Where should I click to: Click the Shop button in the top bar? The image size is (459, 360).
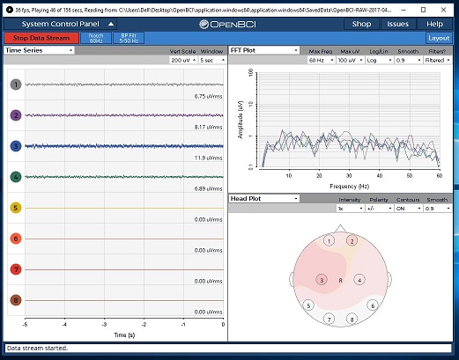pyautogui.click(x=361, y=24)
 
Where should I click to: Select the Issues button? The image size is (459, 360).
pyautogui.click(x=397, y=24)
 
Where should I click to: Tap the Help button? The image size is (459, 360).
pyautogui.click(x=434, y=24)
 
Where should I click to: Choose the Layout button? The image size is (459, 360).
pyautogui.click(x=438, y=39)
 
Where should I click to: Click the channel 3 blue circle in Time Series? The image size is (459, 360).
pyautogui.click(x=15, y=146)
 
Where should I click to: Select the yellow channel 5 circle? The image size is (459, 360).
pyautogui.click(x=15, y=208)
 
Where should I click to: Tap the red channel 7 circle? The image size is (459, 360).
pyautogui.click(x=15, y=269)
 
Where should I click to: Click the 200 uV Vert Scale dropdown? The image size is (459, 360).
pyautogui.click(x=181, y=61)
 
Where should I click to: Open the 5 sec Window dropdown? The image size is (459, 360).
pyautogui.click(x=211, y=61)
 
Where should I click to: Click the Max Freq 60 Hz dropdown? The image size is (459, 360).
pyautogui.click(x=322, y=61)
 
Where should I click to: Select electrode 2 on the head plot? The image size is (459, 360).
pyautogui.click(x=352, y=240)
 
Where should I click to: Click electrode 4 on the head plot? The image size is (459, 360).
pyautogui.click(x=359, y=280)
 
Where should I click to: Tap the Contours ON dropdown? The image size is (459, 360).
pyautogui.click(x=411, y=209)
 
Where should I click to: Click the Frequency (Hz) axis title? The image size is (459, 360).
pyautogui.click(x=349, y=186)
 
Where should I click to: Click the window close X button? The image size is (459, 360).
pyautogui.click(x=446, y=6)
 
